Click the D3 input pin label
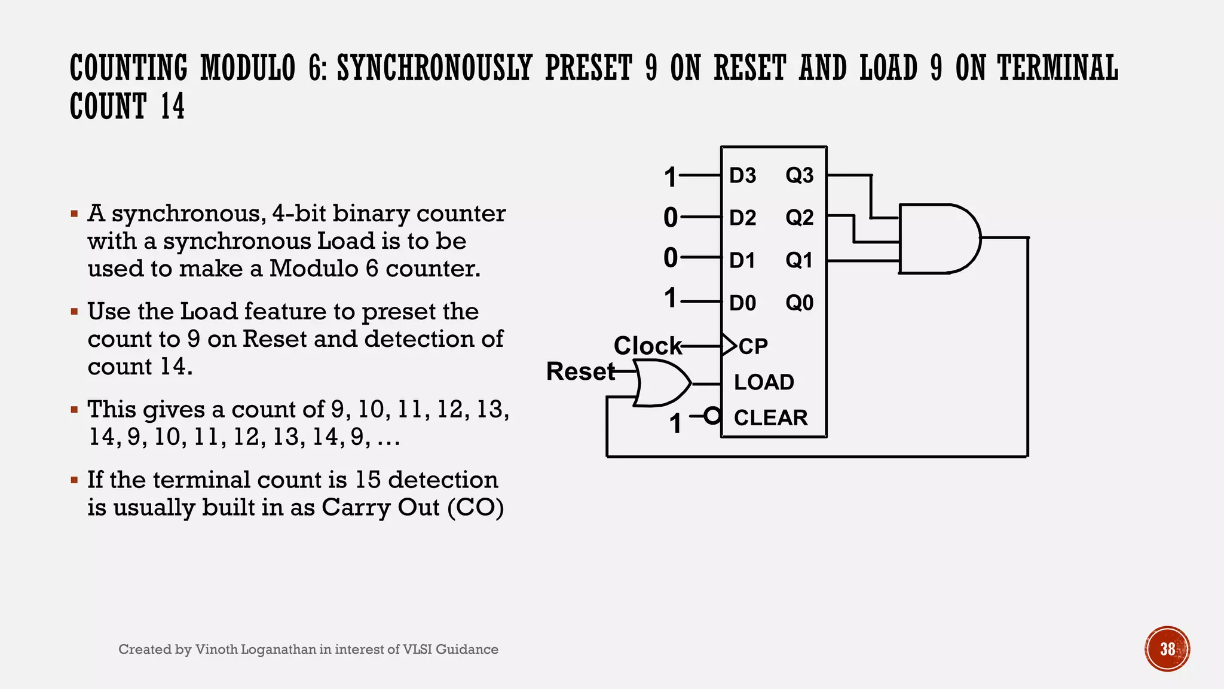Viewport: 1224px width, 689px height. click(742, 176)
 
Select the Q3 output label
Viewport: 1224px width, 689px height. click(799, 176)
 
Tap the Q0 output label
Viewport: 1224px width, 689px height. click(799, 303)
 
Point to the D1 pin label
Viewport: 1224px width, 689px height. click(742, 261)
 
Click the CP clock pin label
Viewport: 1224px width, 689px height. click(753, 347)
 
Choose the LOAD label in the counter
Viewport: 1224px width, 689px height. click(764, 382)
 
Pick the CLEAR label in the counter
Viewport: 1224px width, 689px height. click(770, 417)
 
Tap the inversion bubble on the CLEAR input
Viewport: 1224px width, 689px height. click(712, 415)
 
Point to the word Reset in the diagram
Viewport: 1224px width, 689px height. click(580, 371)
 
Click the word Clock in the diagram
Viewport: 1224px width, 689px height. click(647, 346)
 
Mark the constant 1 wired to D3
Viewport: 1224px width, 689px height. click(671, 178)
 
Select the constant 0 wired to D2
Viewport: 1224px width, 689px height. click(671, 218)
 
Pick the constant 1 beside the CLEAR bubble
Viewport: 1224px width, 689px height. click(675, 424)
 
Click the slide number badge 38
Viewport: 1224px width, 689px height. click(1167, 649)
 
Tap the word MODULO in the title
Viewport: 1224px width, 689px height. click(248, 68)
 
